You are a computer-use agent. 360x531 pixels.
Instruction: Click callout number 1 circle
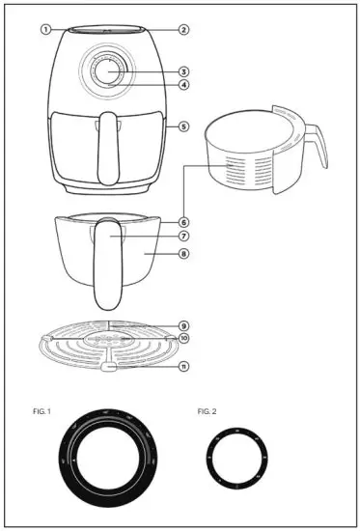[x=45, y=29]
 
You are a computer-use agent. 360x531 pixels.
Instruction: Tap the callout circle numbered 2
[x=183, y=29]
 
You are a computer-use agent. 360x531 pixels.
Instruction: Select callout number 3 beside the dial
[x=183, y=71]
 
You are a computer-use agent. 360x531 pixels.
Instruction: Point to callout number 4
[x=183, y=85]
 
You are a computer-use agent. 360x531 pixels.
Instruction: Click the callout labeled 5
[x=183, y=126]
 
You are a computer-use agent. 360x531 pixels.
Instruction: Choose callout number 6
[x=183, y=221]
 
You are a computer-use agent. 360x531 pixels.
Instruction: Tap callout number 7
[x=183, y=236]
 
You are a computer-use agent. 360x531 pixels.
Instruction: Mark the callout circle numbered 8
[x=183, y=255]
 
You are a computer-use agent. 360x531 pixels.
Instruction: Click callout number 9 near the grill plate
[x=183, y=325]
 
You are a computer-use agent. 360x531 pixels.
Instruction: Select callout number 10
[x=183, y=339]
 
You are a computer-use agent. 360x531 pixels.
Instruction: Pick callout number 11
[x=183, y=366]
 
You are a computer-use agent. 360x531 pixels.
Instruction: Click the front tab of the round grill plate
[x=108, y=367]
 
